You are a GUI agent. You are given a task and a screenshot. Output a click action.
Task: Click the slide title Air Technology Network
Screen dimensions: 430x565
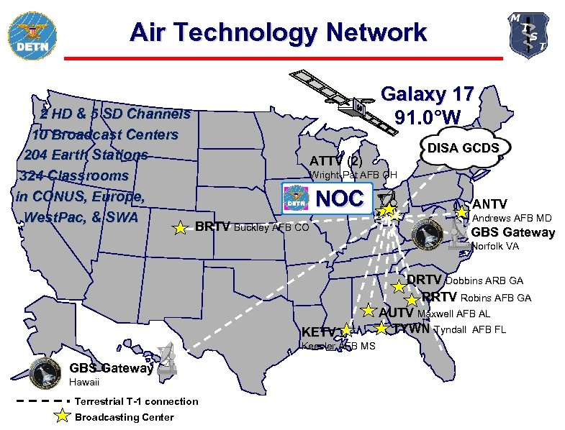(278, 32)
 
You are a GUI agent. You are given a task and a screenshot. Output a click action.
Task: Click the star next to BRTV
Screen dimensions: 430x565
(181, 228)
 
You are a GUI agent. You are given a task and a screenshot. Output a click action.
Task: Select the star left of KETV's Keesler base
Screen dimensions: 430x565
(346, 331)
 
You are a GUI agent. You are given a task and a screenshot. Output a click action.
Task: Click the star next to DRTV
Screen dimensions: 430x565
(399, 285)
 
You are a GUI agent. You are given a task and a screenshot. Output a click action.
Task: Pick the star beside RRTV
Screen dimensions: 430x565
(412, 300)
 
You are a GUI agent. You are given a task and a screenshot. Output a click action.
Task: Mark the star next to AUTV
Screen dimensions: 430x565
(369, 311)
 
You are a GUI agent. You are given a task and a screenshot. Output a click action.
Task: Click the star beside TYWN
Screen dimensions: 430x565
(382, 329)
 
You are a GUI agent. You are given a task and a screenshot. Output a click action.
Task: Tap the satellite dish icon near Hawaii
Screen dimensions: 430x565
(166, 359)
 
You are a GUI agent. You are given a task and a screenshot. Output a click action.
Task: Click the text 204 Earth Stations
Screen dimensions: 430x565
(86, 155)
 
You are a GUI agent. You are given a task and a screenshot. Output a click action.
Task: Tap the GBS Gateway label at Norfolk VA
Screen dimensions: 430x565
(512, 232)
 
